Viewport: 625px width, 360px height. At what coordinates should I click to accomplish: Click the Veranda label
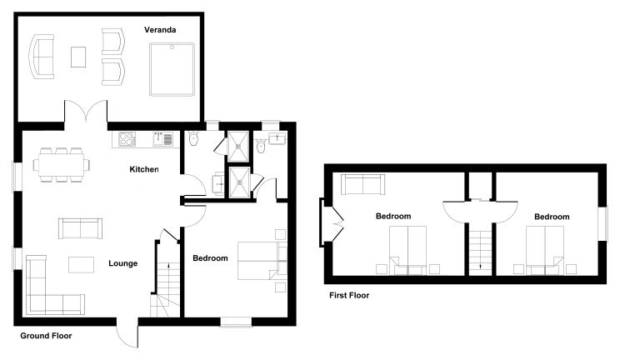[x=160, y=30]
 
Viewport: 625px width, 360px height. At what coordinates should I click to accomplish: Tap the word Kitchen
[x=144, y=169]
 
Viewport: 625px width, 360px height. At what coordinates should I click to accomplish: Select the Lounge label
[x=122, y=263]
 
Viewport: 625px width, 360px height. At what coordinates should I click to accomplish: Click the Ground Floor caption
[x=46, y=336]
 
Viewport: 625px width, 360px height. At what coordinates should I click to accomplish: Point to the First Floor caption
[x=349, y=295]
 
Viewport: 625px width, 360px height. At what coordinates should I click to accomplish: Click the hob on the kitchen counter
[x=127, y=139]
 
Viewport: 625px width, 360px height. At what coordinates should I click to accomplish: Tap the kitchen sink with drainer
[x=162, y=139]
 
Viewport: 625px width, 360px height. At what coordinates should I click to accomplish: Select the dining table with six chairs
[x=62, y=165]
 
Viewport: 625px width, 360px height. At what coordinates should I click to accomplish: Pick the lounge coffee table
[x=82, y=265]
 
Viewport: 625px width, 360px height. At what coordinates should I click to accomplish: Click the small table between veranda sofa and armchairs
[x=78, y=57]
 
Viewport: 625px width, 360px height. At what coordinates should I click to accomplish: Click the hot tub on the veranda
[x=172, y=69]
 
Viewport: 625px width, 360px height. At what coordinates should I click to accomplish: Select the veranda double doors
[x=86, y=111]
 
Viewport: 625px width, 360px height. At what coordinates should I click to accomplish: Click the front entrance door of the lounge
[x=127, y=332]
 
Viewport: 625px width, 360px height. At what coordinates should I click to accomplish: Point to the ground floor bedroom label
[x=210, y=258]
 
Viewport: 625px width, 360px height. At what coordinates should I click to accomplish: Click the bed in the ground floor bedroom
[x=262, y=261]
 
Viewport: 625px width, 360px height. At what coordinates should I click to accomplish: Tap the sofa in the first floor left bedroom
[x=362, y=184]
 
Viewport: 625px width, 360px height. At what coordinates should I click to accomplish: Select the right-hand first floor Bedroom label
[x=552, y=217]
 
